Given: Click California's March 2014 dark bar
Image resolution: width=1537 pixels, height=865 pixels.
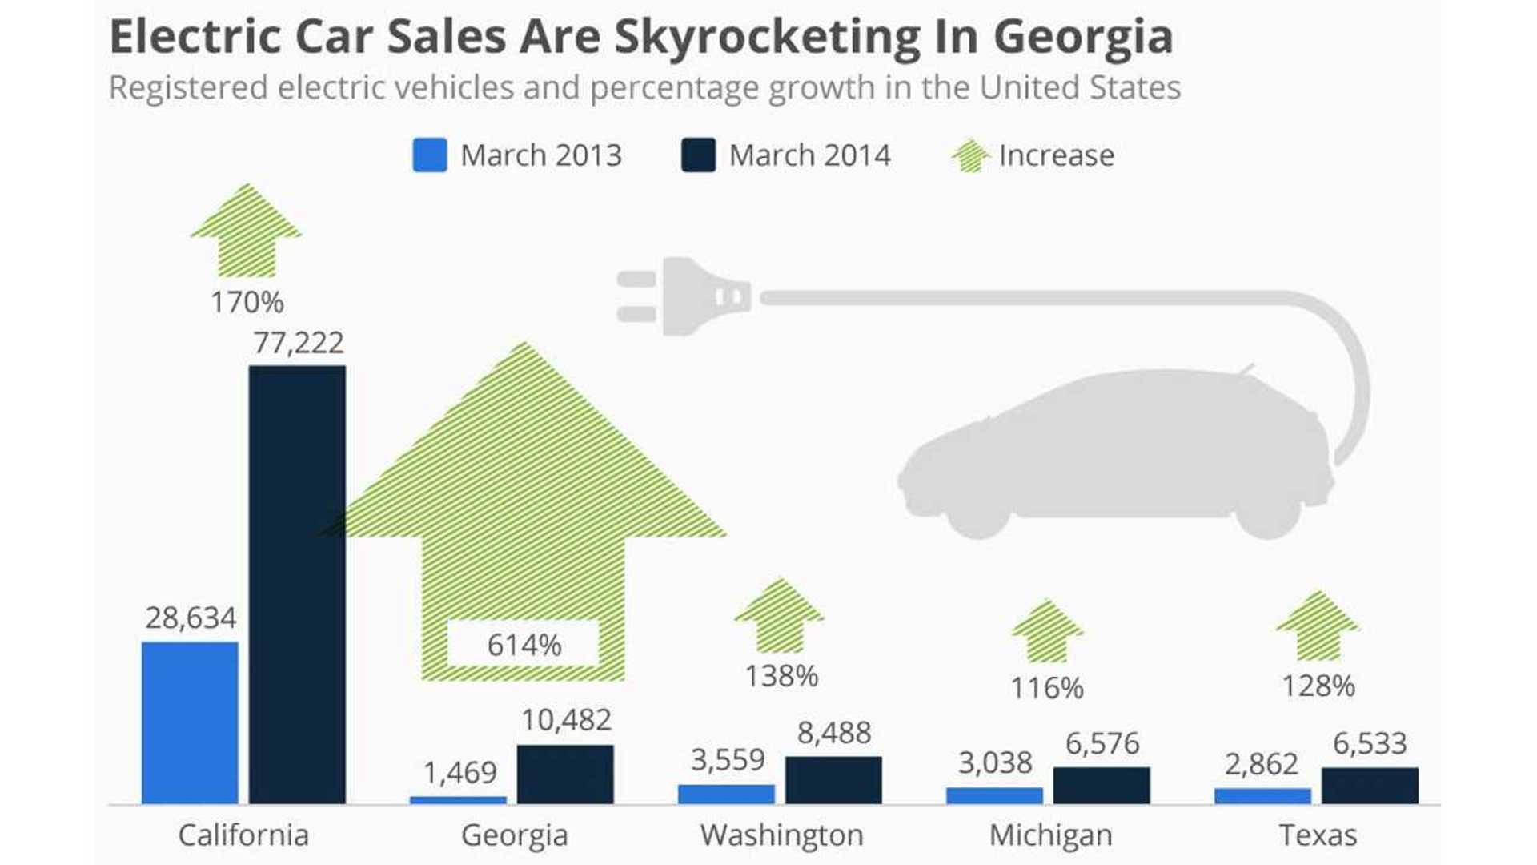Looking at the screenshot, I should point(297,585).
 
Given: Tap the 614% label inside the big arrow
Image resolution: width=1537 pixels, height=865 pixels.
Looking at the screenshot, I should point(524,645).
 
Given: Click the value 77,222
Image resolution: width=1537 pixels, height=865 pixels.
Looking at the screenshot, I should point(299,343).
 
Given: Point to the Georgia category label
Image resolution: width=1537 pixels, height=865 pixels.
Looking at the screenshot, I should point(514,835).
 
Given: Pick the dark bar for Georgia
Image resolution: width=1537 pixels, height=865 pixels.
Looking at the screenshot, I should point(565,774).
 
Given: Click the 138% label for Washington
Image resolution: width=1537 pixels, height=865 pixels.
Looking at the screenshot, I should point(781,676).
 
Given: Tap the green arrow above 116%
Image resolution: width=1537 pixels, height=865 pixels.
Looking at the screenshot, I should point(1047,631).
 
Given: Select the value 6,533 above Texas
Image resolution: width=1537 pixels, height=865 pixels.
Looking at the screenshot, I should point(1369,743).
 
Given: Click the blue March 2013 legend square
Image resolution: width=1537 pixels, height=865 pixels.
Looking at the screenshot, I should point(430,155).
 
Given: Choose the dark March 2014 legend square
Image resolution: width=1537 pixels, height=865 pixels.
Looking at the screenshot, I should point(698,155).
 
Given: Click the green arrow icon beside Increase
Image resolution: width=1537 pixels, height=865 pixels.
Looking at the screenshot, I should point(971,155).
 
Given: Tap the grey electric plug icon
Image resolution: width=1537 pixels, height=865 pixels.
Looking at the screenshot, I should point(685,297).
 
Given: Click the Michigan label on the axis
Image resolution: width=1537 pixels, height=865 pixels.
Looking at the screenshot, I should point(1050,835).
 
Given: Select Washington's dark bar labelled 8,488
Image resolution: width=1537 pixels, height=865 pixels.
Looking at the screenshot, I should point(833,780).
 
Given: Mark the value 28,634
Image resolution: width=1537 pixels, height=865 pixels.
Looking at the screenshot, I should point(191,618).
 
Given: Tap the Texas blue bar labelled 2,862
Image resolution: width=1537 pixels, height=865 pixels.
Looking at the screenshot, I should point(1262,796).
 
